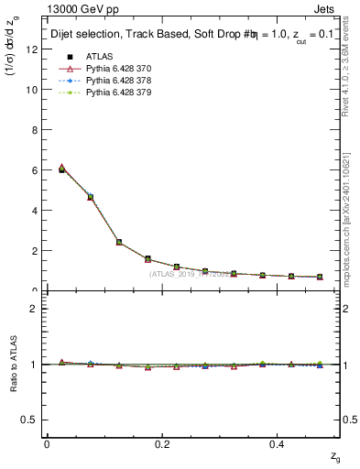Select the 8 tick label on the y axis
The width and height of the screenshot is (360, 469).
(x=34, y=130)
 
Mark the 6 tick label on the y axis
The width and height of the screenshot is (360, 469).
(x=34, y=170)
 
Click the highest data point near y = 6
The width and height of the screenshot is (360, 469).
(x=61, y=169)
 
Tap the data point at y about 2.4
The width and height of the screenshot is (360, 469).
(x=119, y=242)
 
